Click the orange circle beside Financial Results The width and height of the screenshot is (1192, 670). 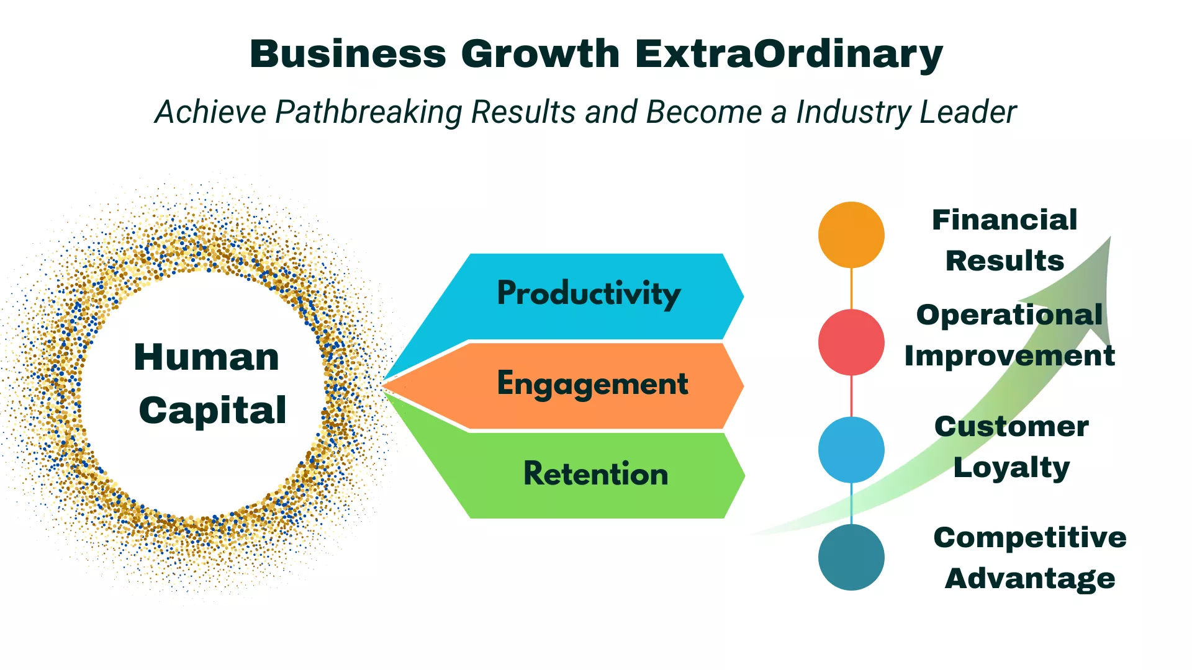tap(851, 234)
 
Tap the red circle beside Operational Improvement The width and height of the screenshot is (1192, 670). tap(851, 342)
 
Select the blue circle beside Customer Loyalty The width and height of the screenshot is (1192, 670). tap(851, 450)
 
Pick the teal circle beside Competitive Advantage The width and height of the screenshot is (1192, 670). tap(851, 557)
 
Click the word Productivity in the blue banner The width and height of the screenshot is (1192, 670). tap(589, 293)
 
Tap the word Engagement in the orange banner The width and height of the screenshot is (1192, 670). tap(592, 384)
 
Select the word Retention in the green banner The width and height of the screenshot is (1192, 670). tap(596, 473)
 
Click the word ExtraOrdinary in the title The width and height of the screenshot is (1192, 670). tap(788, 55)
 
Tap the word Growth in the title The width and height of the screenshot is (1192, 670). tap(540, 53)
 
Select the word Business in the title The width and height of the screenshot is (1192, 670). tap(348, 53)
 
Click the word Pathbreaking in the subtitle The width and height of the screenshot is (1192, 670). tap(369, 112)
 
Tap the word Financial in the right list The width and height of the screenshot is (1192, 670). tap(1005, 220)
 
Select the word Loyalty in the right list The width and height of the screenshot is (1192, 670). tap(1012, 468)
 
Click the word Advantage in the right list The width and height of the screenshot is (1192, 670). tap(1030, 579)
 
